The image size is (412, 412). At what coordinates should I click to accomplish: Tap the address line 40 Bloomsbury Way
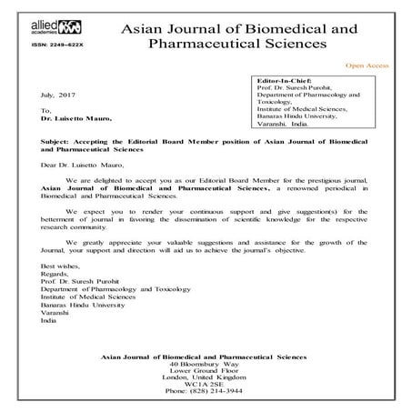click(x=206, y=362)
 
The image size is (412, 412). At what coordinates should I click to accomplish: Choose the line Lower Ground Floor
click(x=206, y=369)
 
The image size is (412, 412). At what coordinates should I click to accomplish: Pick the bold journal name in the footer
click(x=206, y=354)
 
